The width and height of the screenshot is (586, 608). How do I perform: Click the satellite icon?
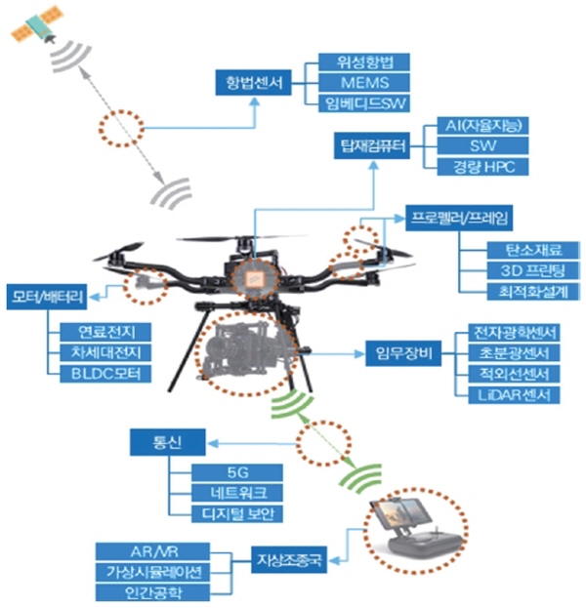37,24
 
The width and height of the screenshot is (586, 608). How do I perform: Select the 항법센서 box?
253,83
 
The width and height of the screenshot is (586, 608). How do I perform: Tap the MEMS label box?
364,83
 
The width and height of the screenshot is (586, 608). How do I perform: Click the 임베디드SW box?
364,103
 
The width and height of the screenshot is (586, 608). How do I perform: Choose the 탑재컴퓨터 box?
372,146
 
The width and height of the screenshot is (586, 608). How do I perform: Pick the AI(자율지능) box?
482,126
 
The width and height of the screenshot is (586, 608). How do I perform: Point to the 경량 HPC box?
482,167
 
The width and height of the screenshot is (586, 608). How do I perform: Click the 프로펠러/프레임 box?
459,218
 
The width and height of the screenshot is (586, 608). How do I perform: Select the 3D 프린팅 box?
533,270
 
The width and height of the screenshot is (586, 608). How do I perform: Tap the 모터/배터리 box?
47,297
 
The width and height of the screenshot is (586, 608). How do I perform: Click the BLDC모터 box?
105,374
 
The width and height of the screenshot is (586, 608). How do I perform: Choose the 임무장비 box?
403,353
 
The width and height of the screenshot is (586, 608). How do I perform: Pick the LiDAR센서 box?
514,395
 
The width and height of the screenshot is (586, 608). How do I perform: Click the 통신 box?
168,442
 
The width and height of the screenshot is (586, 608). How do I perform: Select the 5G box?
237,472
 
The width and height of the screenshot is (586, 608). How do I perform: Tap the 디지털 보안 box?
237,513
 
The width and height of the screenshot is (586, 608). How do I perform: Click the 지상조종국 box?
289,560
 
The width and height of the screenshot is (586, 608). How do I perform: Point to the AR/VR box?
153,551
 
